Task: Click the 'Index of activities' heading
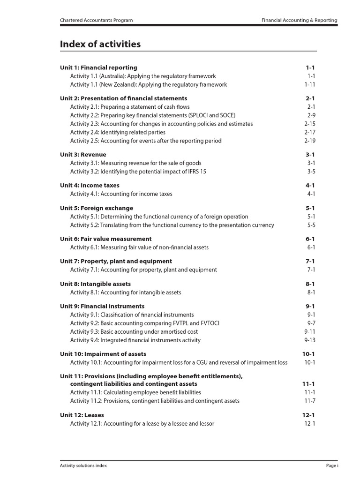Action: click(x=100, y=45)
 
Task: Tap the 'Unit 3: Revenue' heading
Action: click(x=83, y=155)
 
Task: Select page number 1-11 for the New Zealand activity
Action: click(x=310, y=85)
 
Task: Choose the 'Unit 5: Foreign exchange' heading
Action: click(x=97, y=208)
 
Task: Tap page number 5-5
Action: click(x=311, y=225)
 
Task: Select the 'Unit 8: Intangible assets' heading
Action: click(x=95, y=284)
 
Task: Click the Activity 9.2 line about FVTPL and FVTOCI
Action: click(x=145, y=323)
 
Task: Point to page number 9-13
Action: click(x=310, y=340)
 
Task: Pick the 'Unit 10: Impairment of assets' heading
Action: click(x=103, y=354)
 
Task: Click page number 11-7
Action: click(x=310, y=401)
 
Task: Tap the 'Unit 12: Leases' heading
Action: click(x=82, y=415)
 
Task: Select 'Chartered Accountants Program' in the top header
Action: click(x=96, y=21)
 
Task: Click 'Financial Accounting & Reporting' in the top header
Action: click(x=299, y=21)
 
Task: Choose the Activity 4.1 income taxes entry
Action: click(x=121, y=194)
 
